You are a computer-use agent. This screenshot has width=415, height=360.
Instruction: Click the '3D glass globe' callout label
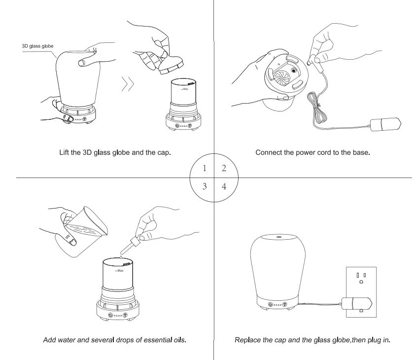37,46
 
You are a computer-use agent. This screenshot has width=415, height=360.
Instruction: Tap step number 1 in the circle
205,169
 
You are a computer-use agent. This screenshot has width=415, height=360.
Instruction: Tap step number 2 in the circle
224,169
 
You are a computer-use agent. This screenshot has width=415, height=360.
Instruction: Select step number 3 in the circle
205,186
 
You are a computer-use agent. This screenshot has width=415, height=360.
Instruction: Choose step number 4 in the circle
224,186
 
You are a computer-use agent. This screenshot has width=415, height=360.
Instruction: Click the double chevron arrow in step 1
128,85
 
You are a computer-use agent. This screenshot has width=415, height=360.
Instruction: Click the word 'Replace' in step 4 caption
248,340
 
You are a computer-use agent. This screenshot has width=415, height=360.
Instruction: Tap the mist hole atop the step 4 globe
278,238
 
